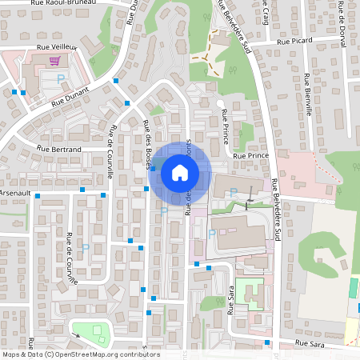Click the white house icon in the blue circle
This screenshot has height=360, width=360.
click(180, 172)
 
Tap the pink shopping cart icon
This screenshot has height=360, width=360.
click(55, 61)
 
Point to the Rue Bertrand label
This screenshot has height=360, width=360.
click(60, 149)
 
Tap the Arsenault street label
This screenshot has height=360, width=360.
click(14, 193)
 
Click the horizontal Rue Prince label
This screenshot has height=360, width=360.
click(250, 156)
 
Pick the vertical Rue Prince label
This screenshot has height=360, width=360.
click(226, 126)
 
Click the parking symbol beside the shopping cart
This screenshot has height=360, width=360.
click(62, 78)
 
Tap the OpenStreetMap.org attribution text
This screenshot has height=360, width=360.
click(104, 354)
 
